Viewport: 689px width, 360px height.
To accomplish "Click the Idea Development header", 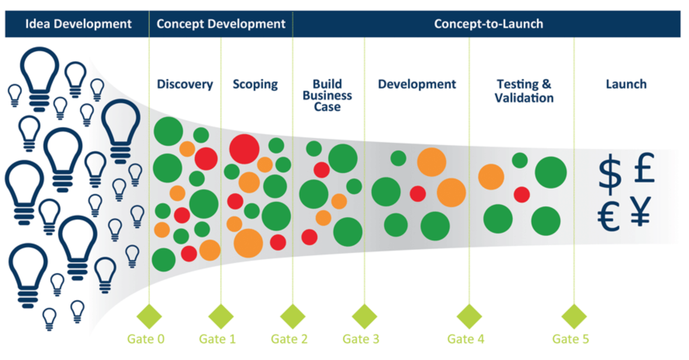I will (78, 24).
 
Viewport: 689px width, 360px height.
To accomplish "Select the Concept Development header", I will (221, 24).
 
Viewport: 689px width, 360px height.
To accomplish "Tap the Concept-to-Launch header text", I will (488, 24).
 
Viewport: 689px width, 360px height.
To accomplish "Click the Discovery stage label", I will (185, 85).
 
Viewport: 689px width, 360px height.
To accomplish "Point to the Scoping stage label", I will (255, 85).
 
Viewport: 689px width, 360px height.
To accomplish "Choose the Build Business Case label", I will (327, 95).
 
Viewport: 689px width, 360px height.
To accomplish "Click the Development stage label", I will (417, 85).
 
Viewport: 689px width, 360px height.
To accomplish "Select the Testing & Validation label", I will (524, 91).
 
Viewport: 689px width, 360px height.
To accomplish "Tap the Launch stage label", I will (626, 85).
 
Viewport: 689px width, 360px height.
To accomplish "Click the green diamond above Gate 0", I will (149, 316).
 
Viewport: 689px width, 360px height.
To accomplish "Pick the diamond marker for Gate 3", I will (364, 316).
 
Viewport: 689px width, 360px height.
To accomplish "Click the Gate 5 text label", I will (570, 339).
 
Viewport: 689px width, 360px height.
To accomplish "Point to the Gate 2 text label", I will (289, 339).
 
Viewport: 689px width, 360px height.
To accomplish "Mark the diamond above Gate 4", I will (469, 316).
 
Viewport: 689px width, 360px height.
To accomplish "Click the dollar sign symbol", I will (610, 174).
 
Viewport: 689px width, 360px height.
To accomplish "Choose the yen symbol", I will (640, 211).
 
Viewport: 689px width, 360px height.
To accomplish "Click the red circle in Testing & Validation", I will (522, 195).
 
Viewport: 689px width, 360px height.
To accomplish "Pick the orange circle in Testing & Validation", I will (491, 177).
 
